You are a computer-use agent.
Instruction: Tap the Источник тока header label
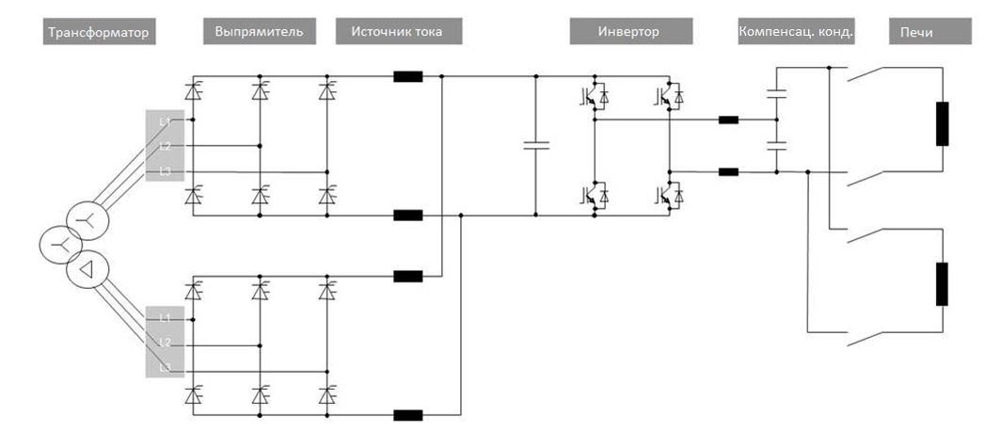(402, 32)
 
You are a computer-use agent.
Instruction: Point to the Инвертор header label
(630, 32)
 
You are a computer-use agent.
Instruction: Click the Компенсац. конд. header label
(797, 32)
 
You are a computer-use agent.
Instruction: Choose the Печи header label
(917, 32)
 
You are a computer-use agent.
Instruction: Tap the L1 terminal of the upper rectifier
(165, 121)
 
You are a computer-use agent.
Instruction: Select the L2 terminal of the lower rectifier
(165, 343)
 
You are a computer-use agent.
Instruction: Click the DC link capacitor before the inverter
(535, 145)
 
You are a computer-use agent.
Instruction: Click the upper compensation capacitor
(777, 93)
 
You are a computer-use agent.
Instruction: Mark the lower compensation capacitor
(777, 146)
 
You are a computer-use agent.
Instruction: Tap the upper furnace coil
(942, 124)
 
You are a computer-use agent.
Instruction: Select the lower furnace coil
(942, 284)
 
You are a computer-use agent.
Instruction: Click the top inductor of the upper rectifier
(408, 77)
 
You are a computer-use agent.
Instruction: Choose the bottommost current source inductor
(408, 414)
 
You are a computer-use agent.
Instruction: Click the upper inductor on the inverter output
(728, 120)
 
